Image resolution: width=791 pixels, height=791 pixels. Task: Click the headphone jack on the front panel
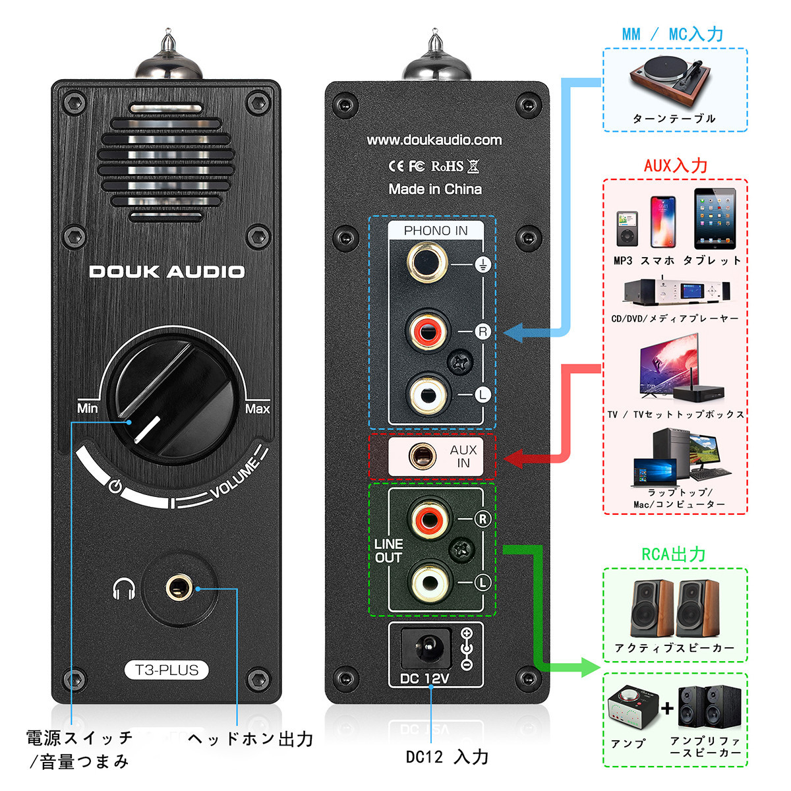point(177,587)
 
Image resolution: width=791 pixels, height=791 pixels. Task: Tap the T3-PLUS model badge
point(166,670)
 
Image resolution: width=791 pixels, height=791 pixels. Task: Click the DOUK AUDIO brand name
point(167,272)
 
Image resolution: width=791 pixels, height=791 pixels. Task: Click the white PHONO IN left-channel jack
point(427,394)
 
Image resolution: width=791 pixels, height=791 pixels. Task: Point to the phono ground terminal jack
point(427,262)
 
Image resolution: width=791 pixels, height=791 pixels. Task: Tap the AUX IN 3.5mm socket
point(422,455)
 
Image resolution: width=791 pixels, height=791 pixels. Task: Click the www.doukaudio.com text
point(434,140)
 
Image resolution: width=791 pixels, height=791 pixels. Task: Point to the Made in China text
point(434,189)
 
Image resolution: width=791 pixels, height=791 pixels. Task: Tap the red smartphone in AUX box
point(663,222)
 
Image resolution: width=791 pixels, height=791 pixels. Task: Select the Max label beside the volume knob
point(257,409)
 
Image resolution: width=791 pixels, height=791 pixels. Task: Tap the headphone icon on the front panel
point(124,589)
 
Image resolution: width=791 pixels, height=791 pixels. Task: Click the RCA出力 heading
point(674,554)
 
